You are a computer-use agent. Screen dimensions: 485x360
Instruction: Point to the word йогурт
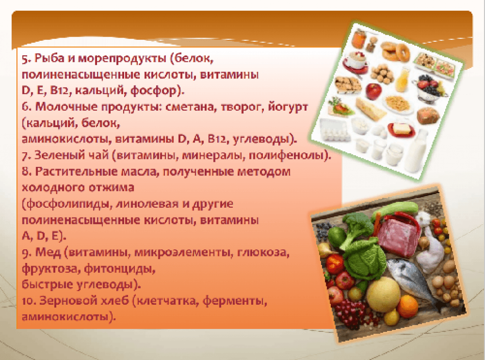(288, 107)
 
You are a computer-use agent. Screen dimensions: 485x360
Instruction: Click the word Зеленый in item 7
(56, 155)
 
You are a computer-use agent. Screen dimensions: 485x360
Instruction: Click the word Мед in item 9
(48, 252)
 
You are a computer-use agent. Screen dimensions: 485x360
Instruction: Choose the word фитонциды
(119, 269)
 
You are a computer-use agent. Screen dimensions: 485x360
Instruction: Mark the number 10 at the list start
(29, 301)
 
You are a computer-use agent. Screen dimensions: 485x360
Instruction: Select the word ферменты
(234, 301)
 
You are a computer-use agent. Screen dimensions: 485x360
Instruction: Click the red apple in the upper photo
(373, 91)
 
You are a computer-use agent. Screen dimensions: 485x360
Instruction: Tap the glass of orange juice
(403, 80)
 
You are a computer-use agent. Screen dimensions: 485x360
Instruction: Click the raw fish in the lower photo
(411, 280)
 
